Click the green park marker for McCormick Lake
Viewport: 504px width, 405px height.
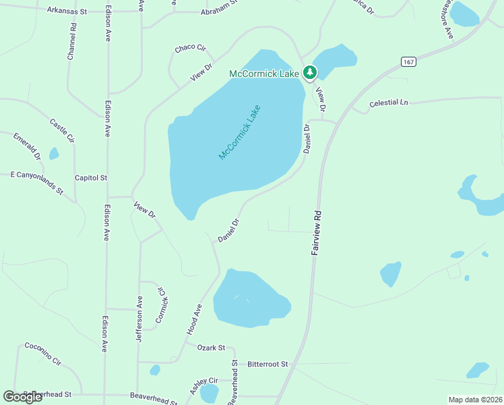click(309, 72)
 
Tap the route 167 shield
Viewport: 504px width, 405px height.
click(409, 61)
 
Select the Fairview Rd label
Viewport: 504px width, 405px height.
click(315, 232)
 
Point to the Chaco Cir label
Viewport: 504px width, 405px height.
click(190, 48)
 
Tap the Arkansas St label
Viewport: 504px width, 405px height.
click(67, 11)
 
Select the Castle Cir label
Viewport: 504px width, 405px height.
click(61, 130)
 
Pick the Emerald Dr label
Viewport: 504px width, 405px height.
click(27, 146)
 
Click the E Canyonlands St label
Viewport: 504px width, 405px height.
click(36, 183)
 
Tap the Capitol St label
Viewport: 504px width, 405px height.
click(91, 178)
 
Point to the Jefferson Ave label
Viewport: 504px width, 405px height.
click(139, 319)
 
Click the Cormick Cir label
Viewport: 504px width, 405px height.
click(162, 305)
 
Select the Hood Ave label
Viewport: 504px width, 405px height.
click(195, 319)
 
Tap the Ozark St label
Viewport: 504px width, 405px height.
click(211, 348)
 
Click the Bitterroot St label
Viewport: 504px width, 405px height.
click(267, 364)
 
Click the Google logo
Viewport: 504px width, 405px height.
click(23, 397)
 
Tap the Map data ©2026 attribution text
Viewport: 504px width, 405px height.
click(475, 400)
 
